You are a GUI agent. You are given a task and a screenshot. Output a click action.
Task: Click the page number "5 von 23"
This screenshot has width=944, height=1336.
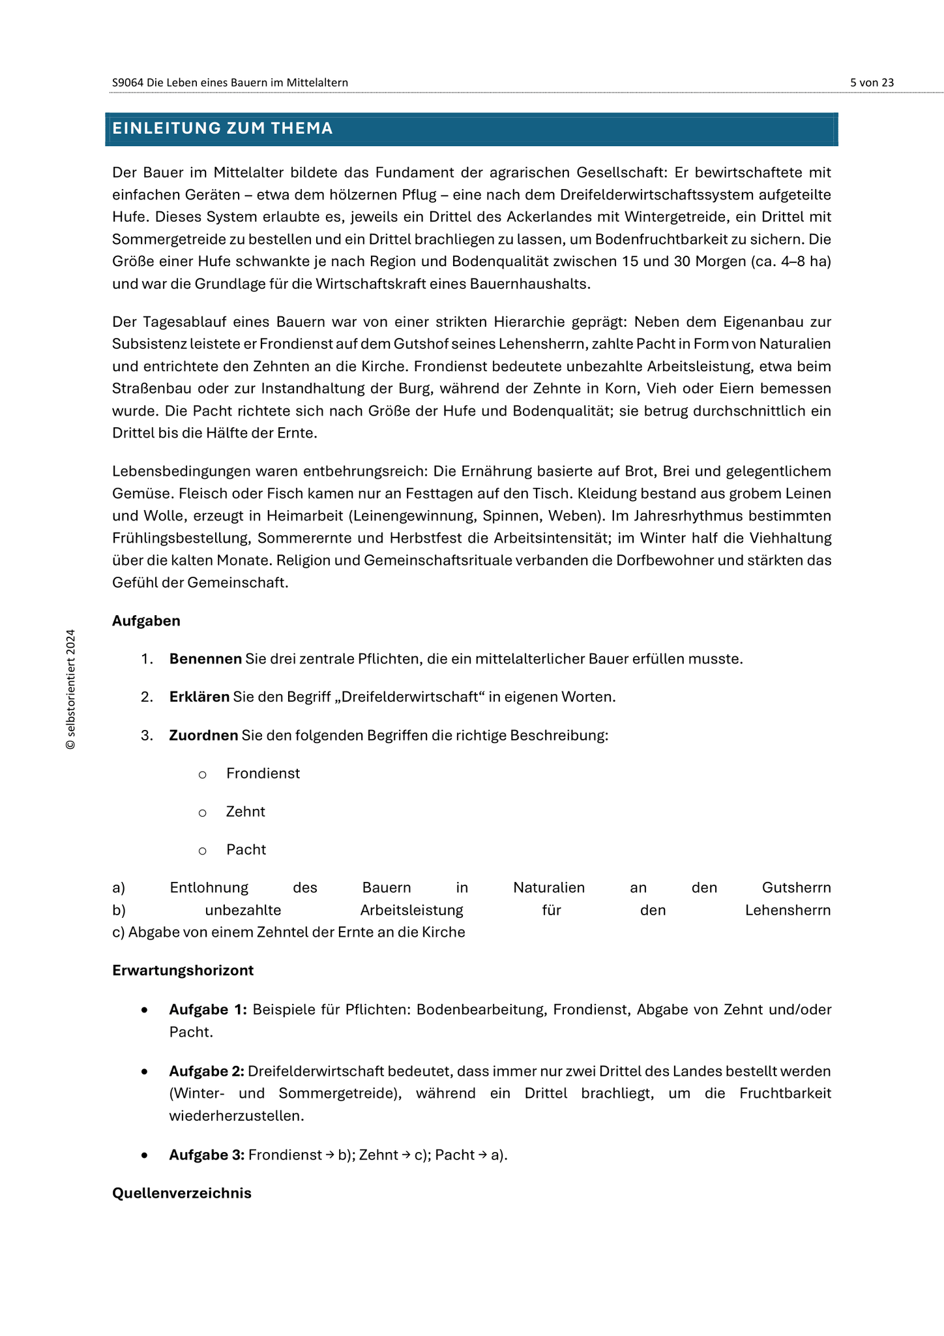[x=872, y=82]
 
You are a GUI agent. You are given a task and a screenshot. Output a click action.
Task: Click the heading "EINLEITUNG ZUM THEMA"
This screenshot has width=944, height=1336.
[x=222, y=129]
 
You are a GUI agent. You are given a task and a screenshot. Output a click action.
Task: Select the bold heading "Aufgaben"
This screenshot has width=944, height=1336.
[x=146, y=620]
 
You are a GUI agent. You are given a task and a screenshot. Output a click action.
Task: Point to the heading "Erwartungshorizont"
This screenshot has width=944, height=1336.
[x=183, y=970]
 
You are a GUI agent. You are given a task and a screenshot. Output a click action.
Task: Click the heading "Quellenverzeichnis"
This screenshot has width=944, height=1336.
[x=181, y=1193]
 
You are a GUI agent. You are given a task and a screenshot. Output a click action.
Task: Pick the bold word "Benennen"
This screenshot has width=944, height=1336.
[x=205, y=659]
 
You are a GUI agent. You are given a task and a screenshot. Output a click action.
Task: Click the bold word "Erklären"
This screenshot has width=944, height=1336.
[x=199, y=697]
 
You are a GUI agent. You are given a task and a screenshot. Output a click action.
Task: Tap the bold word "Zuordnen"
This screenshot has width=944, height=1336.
[x=204, y=735]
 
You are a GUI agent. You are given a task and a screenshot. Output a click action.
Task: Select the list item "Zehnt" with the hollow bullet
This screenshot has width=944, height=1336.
[x=245, y=812]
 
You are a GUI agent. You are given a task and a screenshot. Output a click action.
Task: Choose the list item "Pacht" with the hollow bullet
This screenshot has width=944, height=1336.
[x=246, y=849]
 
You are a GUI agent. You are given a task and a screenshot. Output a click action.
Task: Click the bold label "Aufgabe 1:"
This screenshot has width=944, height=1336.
[x=207, y=1010]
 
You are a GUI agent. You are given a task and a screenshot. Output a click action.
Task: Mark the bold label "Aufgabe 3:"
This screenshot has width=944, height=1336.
[x=207, y=1155]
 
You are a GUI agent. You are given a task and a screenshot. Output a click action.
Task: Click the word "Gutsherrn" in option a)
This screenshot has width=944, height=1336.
[x=796, y=887]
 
